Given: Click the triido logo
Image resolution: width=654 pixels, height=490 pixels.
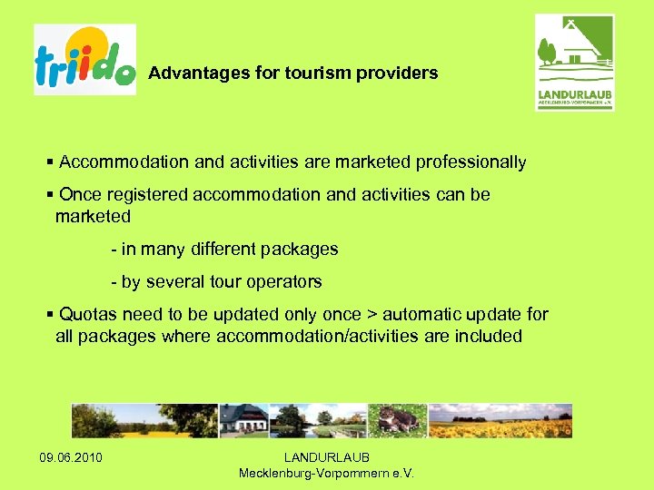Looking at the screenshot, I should pos(84,59).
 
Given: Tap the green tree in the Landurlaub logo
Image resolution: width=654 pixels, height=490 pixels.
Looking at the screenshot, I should pos(546,53).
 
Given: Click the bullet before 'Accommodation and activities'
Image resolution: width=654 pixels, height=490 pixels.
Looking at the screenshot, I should pos(50,162).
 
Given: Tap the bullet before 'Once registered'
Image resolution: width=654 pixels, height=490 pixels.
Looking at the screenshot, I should pos(50,195).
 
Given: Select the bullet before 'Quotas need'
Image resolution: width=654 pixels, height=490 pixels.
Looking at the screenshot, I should pos(50,315).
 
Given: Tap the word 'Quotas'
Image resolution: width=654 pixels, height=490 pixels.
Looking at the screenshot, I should pos(86,315).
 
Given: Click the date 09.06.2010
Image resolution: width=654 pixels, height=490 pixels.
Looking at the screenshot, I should pos(71,457).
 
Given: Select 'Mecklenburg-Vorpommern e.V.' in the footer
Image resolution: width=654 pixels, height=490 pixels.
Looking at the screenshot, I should pos(326,473).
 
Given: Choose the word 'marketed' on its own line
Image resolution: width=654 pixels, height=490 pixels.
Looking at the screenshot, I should pos(93,217).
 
